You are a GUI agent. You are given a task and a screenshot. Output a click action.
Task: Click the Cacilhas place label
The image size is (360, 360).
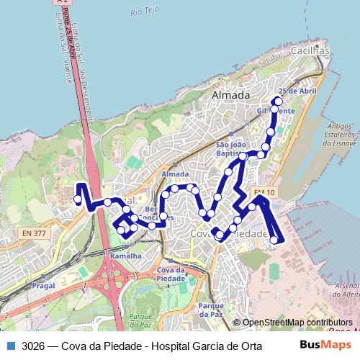tap(310, 52)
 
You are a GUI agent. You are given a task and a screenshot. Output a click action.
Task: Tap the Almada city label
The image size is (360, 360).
tap(231, 95)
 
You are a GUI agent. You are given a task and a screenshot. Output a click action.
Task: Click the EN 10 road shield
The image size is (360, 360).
tap(264, 192)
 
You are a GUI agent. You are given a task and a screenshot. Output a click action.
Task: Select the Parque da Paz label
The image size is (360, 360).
tap(210, 310)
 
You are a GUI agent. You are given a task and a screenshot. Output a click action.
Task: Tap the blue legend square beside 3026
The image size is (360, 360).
tap(11, 345)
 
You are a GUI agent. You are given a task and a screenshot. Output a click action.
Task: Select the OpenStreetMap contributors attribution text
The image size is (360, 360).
tap(297, 323)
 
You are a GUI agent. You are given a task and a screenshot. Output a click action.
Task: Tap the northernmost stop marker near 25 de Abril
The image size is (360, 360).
tap(279, 102)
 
